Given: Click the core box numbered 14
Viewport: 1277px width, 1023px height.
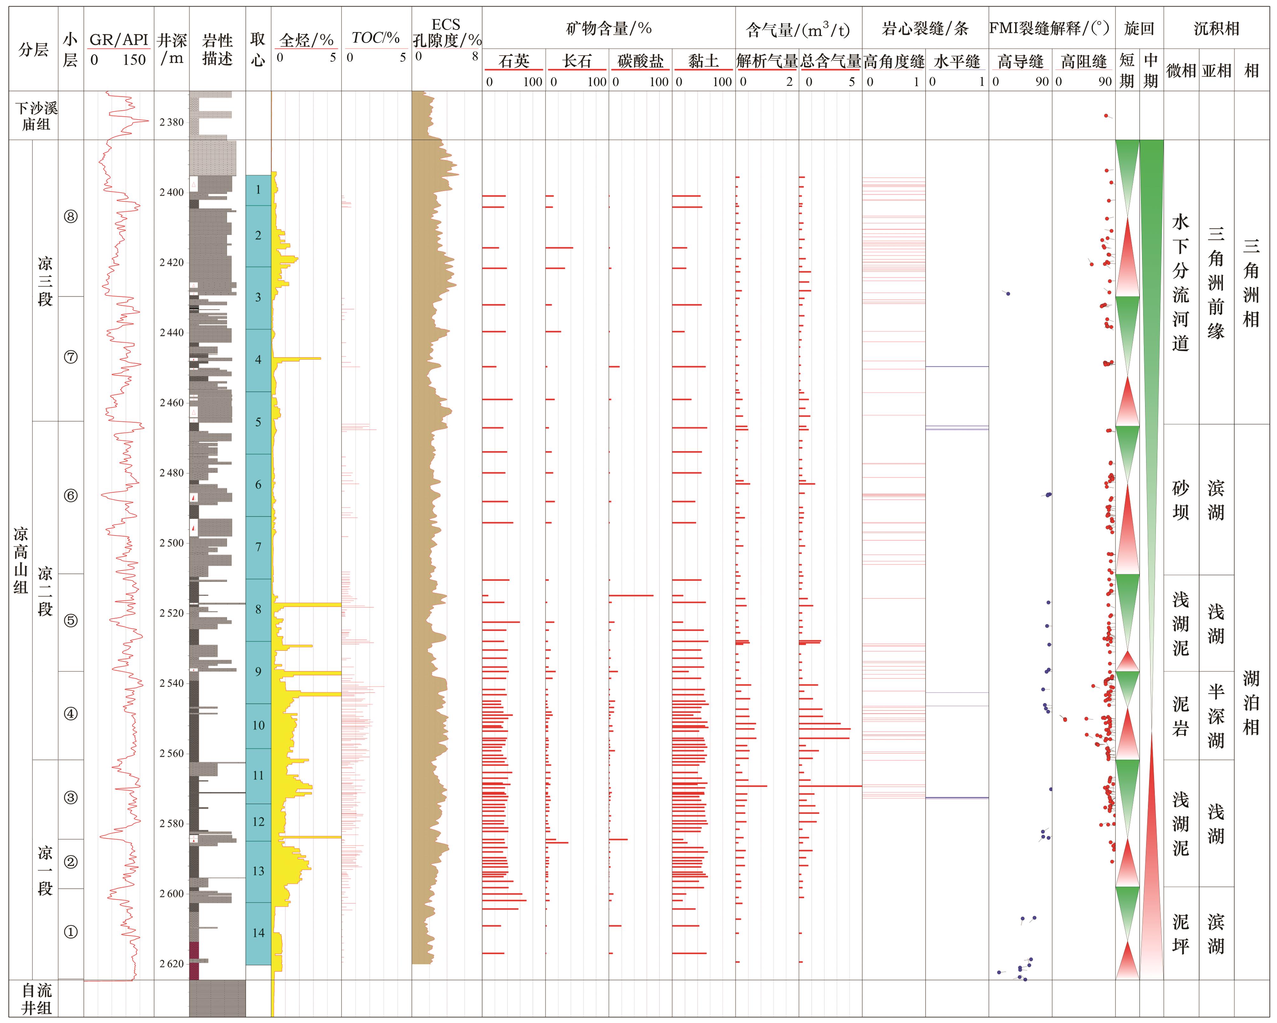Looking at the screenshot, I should coord(258,933).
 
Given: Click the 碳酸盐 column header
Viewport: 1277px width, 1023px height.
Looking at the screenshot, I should coord(640,61).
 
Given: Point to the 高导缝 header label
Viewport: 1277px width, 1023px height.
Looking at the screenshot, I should coord(1020,61).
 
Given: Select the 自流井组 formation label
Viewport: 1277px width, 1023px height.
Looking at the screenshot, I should coord(36,999).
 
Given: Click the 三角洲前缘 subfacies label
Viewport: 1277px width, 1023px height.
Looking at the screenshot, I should coord(1216,283).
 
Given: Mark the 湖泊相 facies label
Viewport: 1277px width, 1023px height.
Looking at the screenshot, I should coord(1251,702).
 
